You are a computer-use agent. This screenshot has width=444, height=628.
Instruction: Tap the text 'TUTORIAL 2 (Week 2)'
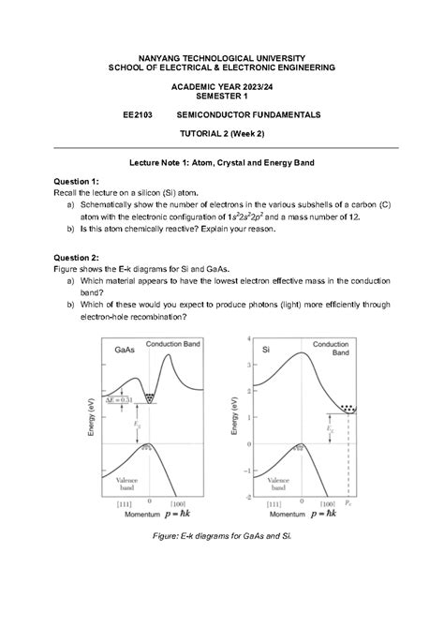coord(222,134)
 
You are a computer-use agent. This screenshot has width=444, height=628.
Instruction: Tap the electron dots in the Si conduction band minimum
coord(348,409)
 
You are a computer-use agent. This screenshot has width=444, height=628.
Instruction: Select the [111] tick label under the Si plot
coord(263,506)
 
